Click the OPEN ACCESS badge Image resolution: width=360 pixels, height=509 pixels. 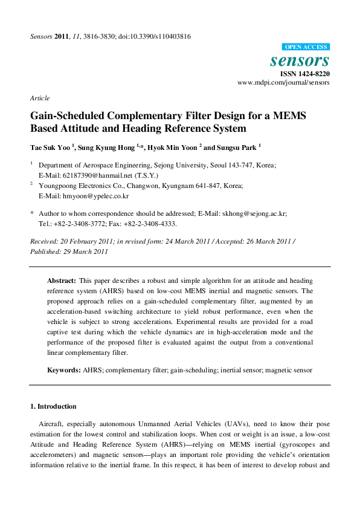click(x=306, y=47)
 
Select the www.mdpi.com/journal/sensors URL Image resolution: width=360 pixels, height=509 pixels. click(x=283, y=83)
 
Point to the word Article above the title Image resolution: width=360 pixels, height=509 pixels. click(x=39, y=97)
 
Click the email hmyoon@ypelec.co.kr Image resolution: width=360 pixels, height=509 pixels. click(x=94, y=196)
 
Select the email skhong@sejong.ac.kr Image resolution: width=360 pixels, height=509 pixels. click(x=252, y=213)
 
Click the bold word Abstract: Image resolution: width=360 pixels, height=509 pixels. click(x=62, y=281)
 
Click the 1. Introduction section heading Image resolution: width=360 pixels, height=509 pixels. click(x=53, y=406)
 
